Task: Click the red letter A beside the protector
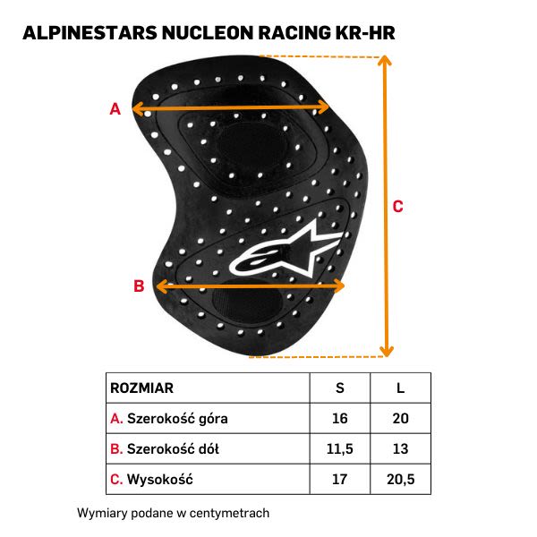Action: pyautogui.click(x=115, y=109)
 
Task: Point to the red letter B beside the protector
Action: pyautogui.click(x=139, y=286)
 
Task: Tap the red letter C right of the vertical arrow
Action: pyautogui.click(x=398, y=206)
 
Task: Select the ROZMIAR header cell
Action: pyautogui.click(x=141, y=388)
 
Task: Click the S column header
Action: pyautogui.click(x=339, y=388)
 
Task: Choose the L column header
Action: pyautogui.click(x=400, y=388)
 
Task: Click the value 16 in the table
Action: pyautogui.click(x=339, y=419)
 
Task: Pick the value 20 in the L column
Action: pyautogui.click(x=400, y=419)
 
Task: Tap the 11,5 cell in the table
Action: pyautogui.click(x=339, y=449)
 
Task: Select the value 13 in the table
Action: pyautogui.click(x=400, y=449)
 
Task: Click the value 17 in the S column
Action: pyautogui.click(x=339, y=480)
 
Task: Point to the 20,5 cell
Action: pyautogui.click(x=400, y=480)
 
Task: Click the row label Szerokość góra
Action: pyautogui.click(x=177, y=419)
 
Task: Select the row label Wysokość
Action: pyautogui.click(x=159, y=480)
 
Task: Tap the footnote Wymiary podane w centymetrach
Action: pyautogui.click(x=174, y=514)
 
